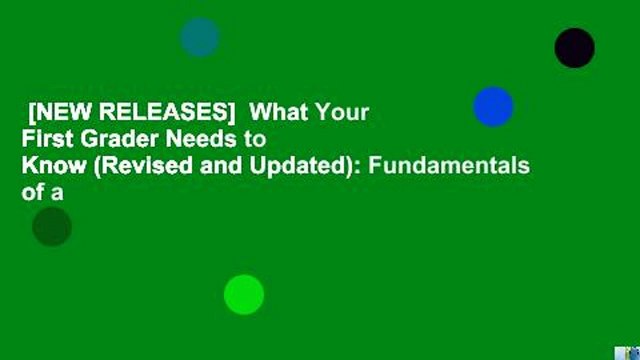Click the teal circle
pyautogui.click(x=200, y=37)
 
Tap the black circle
pyautogui.click(x=574, y=47)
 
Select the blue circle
pyautogui.click(x=493, y=106)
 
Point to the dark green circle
pyautogui.click(x=52, y=227)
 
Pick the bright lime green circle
pyautogui.click(x=244, y=294)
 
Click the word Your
pyautogui.click(x=346, y=111)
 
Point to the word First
pyautogui.click(x=45, y=139)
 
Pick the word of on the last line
pyautogui.click(x=33, y=195)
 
